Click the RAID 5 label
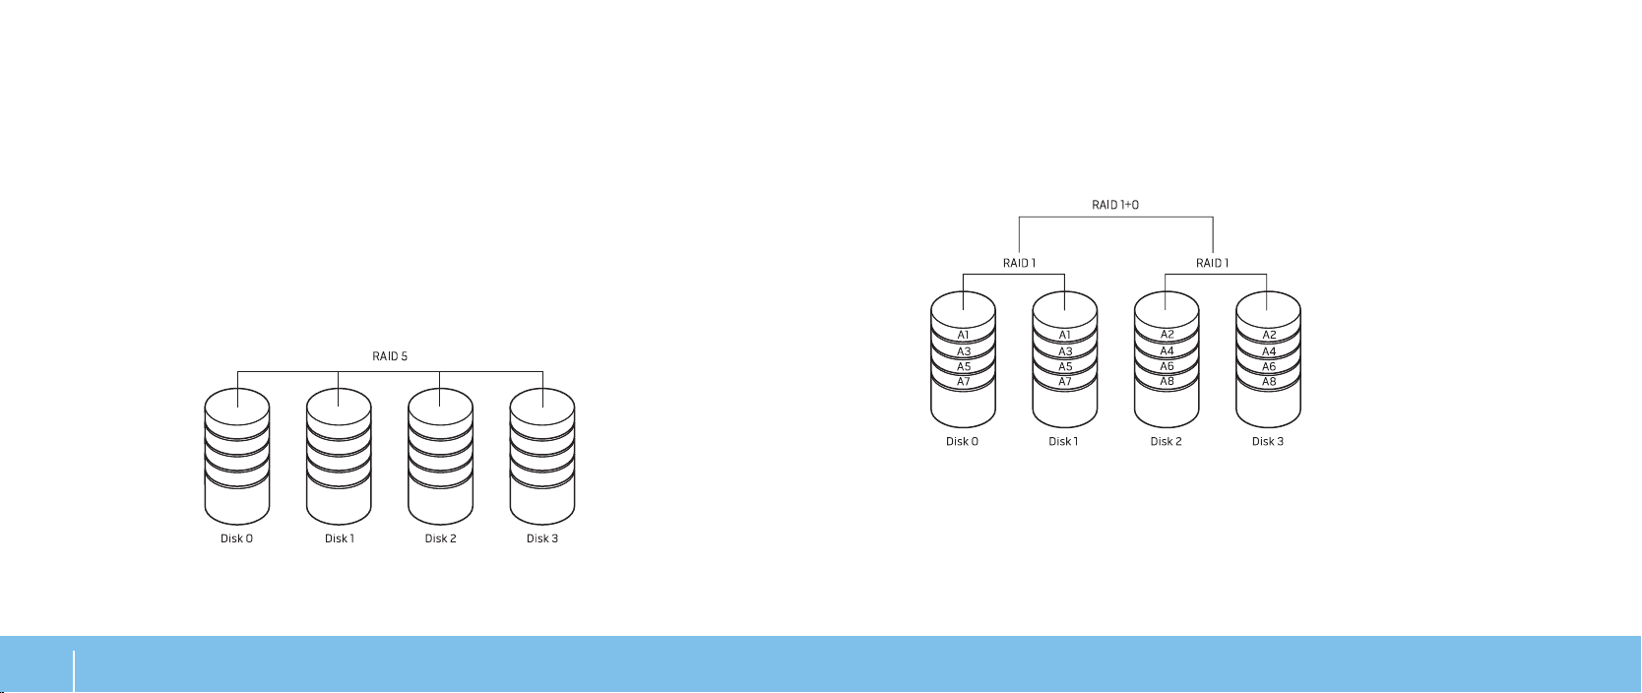point(390,356)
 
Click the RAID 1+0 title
point(1115,206)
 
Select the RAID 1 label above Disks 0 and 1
point(1019,263)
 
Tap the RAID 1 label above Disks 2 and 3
point(1213,263)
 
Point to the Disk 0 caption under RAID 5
point(236,538)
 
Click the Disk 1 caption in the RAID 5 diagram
point(340,538)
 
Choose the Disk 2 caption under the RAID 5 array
point(440,538)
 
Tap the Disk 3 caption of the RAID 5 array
point(542,538)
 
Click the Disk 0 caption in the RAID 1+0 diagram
point(962,441)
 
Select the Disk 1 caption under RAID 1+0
point(1063,441)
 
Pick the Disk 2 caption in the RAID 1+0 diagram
point(1166,441)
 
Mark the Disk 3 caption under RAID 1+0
point(1268,441)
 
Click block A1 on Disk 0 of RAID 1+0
point(964,335)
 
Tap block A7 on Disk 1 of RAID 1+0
point(1065,381)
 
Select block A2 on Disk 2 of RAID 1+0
point(1167,335)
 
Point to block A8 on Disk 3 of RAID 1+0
point(1269,381)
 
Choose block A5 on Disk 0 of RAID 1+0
point(964,366)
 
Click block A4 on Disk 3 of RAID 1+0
point(1269,350)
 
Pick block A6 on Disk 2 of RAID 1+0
point(1167,366)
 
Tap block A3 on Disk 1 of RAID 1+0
point(1065,350)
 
